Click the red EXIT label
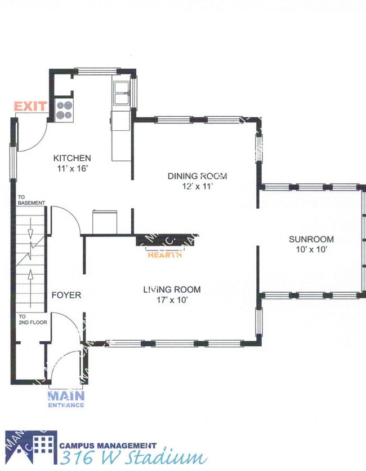click(x=30, y=106)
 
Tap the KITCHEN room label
click(x=72, y=158)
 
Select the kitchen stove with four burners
click(x=65, y=110)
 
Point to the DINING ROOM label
click(x=197, y=176)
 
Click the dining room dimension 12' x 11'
click(x=197, y=187)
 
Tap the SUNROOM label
click(x=310, y=239)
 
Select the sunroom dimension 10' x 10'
click(x=310, y=249)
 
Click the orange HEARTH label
click(x=164, y=255)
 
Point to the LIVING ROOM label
click(x=172, y=290)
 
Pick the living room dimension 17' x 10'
click(x=172, y=300)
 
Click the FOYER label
click(x=66, y=295)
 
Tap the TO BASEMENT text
click(x=31, y=200)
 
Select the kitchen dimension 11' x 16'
click(x=72, y=168)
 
